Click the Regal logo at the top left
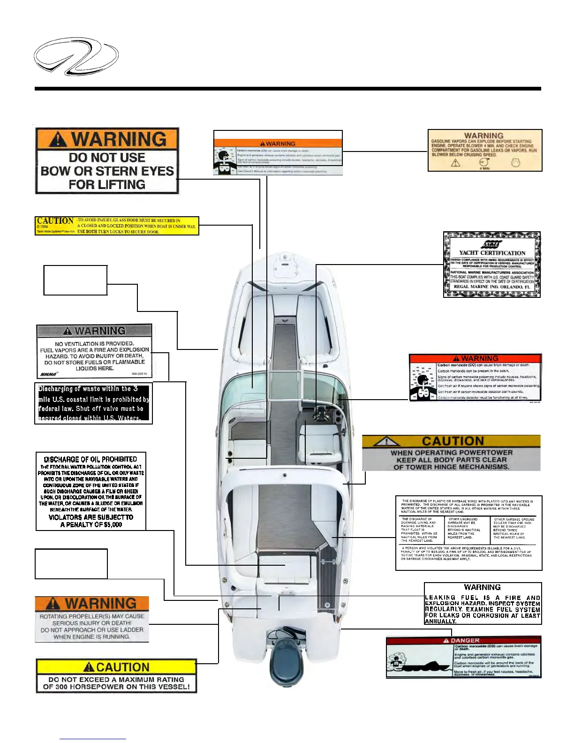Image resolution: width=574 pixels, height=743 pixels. tap(76, 56)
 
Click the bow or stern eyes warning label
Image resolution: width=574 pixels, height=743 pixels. tap(107, 161)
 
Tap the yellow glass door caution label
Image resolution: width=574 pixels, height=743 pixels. tap(117, 226)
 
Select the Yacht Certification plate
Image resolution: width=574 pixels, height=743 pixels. tap(491, 265)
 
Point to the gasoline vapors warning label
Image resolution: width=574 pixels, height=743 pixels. tap(485, 150)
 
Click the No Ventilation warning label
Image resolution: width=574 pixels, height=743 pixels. tap(94, 351)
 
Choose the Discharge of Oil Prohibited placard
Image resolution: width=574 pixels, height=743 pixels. tap(91, 491)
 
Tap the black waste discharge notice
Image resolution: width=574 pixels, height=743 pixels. tap(93, 403)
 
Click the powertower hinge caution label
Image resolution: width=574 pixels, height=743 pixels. tap(451, 453)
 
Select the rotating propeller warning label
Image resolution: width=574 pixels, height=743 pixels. tap(92, 619)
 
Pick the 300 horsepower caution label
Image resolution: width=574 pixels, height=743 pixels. tap(116, 676)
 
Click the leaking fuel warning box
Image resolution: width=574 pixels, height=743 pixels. tap(483, 604)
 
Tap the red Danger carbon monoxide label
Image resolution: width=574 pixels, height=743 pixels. tap(463, 657)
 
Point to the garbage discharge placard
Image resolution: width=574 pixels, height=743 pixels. tap(468, 533)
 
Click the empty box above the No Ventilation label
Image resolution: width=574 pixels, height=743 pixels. tap(76, 280)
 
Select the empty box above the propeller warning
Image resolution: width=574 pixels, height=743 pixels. tap(71, 563)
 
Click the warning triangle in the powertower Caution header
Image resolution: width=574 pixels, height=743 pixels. tap(387, 441)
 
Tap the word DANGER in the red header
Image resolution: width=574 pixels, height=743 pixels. tap(465, 640)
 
